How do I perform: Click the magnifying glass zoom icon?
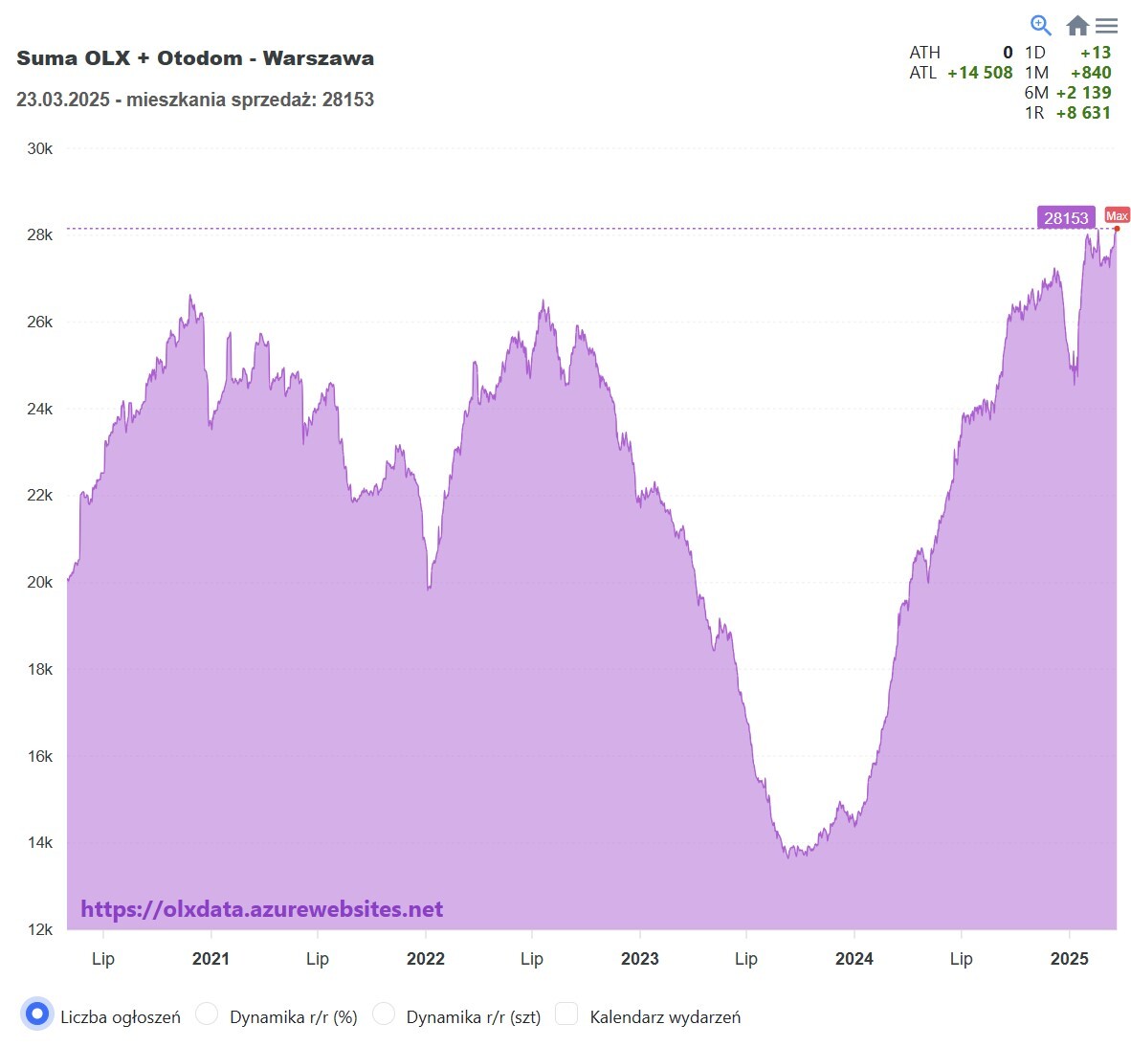pos(1040,25)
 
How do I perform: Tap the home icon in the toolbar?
pos(1077,26)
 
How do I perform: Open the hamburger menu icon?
pos(1107,26)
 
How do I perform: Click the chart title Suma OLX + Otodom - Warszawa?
pos(195,58)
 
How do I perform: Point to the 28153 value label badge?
pos(1066,218)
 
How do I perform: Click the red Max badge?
pos(1117,215)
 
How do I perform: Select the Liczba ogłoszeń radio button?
pos(37,1014)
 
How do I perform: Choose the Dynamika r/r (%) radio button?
pos(207,1014)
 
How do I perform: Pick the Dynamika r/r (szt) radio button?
pos(384,1014)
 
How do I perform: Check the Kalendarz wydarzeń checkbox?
pos(566,1014)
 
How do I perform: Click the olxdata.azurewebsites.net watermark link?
pos(261,909)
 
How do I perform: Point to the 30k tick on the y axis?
pos(40,148)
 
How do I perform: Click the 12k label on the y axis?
pos(40,929)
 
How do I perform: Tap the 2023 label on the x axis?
pos(639,959)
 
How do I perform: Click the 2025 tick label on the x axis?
pos(1069,959)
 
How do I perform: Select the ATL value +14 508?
pos(980,73)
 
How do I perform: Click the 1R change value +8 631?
pos(1083,113)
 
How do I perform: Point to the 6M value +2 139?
pos(1083,93)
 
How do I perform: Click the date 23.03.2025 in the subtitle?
pos(63,100)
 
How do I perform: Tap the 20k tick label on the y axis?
pos(40,582)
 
